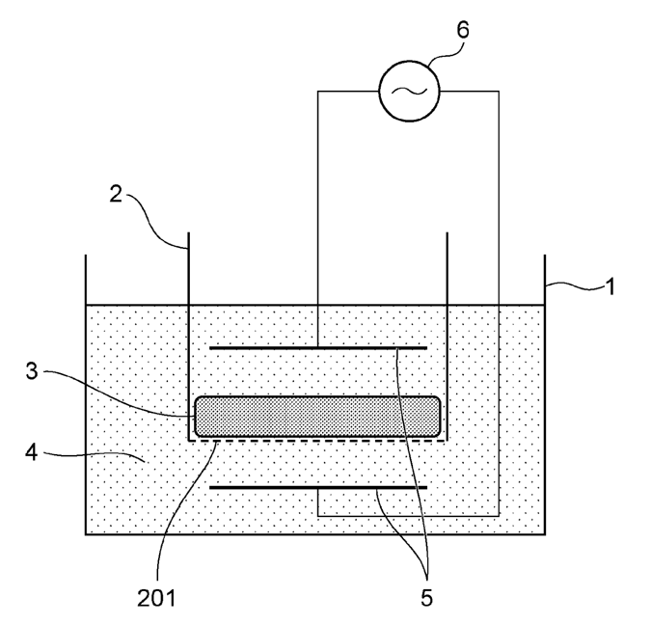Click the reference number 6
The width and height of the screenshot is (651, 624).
(x=463, y=30)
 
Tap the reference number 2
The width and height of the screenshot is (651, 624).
(x=116, y=194)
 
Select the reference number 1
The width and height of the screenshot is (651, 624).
(x=610, y=286)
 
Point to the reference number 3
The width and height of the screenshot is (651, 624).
(x=32, y=370)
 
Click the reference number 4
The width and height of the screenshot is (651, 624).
(x=32, y=451)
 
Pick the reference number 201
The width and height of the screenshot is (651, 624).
(x=156, y=598)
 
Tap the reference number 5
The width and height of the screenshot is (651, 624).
(x=427, y=598)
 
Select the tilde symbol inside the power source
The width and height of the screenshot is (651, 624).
(x=409, y=91)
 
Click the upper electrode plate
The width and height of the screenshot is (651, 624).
(x=318, y=348)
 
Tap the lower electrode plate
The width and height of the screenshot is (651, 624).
(x=318, y=487)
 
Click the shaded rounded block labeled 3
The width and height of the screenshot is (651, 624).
(x=317, y=417)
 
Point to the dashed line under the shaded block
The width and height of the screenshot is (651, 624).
(x=317, y=441)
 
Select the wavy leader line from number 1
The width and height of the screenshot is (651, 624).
(x=575, y=285)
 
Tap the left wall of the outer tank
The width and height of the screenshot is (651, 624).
(x=86, y=394)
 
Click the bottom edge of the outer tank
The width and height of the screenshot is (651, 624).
(x=315, y=534)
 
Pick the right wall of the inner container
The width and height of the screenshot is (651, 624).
(x=447, y=337)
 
